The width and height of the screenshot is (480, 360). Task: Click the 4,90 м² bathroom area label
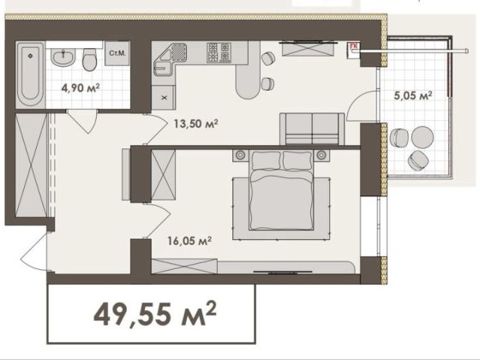81,88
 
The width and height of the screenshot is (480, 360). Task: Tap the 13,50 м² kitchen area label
196,123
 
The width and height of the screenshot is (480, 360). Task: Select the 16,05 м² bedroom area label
189,241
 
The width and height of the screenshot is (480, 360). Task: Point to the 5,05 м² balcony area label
413,95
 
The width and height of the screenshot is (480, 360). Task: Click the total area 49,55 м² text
155,315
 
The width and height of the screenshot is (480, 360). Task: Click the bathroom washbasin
63,57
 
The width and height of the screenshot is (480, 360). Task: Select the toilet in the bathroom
90,60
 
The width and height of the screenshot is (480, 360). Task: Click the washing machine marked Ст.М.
117,53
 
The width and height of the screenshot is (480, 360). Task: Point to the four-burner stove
219,52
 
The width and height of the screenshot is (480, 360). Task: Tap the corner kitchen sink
170,59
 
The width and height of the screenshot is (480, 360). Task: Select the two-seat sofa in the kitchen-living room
312,129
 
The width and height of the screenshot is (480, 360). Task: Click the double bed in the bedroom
281,189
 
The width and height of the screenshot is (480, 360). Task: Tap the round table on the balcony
422,137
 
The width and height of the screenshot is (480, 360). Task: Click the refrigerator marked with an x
164,98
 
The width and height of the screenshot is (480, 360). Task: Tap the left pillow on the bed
266,160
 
